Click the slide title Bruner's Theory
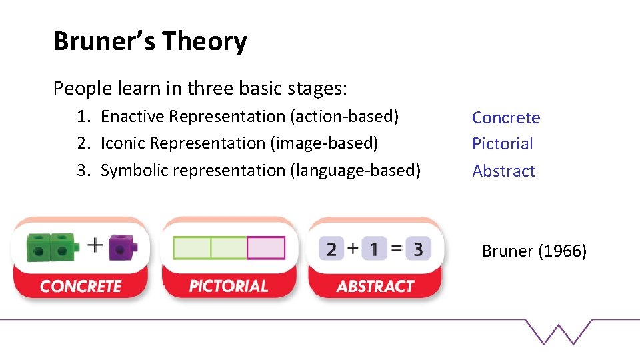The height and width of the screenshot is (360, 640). (150, 41)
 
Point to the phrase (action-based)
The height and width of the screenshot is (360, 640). (344, 117)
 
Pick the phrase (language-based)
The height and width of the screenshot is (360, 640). (355, 171)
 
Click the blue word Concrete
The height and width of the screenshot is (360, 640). (506, 118)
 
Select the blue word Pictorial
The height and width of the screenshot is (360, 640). (503, 144)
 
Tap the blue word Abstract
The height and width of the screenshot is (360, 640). (503, 171)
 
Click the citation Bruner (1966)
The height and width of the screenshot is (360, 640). (534, 251)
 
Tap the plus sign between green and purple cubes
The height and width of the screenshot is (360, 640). (95, 245)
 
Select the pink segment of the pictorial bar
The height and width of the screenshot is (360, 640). (265, 248)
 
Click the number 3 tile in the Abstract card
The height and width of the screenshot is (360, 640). (418, 249)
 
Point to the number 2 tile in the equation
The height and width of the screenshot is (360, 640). (331, 249)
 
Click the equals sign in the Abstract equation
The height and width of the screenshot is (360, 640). (396, 249)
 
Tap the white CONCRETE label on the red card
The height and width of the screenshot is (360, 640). (81, 287)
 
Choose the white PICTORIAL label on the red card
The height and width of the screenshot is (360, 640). (228, 287)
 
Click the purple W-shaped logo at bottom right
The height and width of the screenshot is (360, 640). (559, 331)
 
